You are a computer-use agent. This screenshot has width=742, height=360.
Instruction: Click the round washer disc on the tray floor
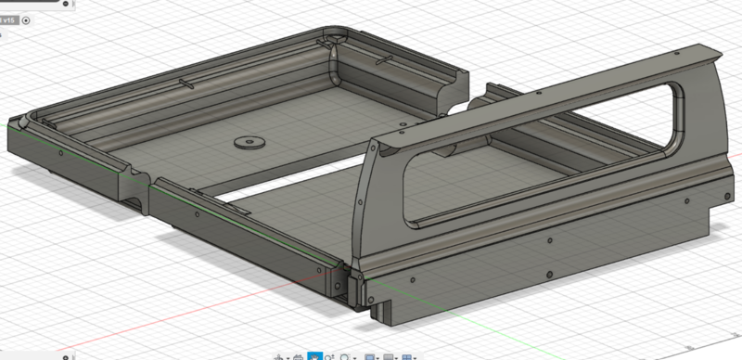pyautogui.click(x=248, y=142)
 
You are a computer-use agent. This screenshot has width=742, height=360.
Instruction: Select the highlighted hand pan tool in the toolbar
pyautogui.click(x=314, y=356)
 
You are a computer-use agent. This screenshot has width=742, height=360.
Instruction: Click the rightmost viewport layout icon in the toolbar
pyautogui.click(x=411, y=356)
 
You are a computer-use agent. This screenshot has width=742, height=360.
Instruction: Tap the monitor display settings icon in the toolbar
pyautogui.click(x=370, y=356)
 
